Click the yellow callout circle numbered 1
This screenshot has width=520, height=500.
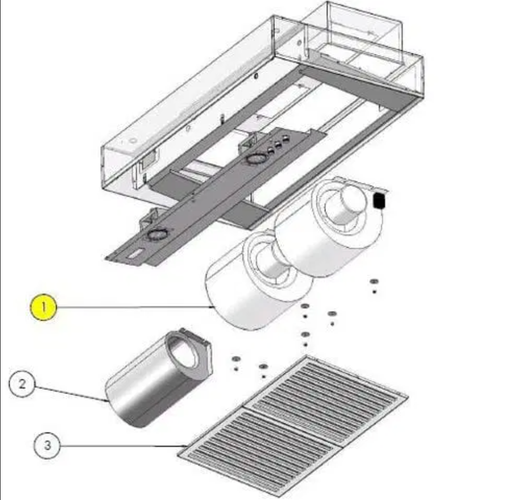[43, 307]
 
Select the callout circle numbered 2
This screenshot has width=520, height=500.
[22, 384]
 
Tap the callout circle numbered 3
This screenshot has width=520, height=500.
[47, 445]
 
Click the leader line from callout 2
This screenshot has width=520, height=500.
[71, 394]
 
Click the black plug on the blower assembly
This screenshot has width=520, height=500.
[379, 201]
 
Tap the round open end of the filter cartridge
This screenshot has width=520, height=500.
[183, 355]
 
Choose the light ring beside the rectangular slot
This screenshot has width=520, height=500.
[156, 235]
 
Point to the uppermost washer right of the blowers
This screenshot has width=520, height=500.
[374, 281]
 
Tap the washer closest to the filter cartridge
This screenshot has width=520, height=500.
[236, 359]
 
